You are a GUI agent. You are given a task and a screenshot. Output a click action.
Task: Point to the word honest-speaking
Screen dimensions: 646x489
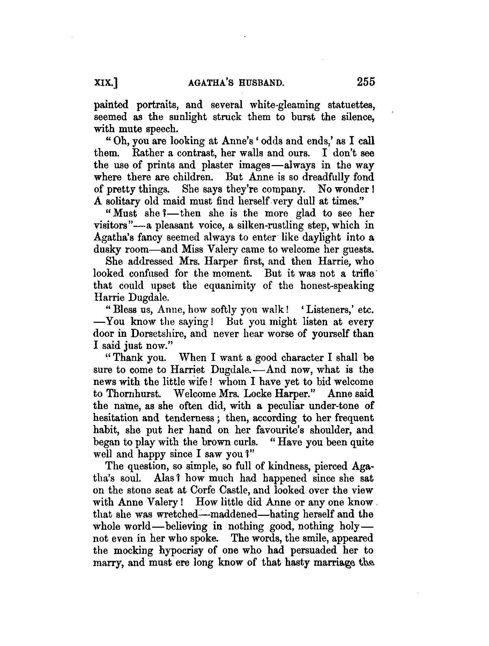coord(337,285)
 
